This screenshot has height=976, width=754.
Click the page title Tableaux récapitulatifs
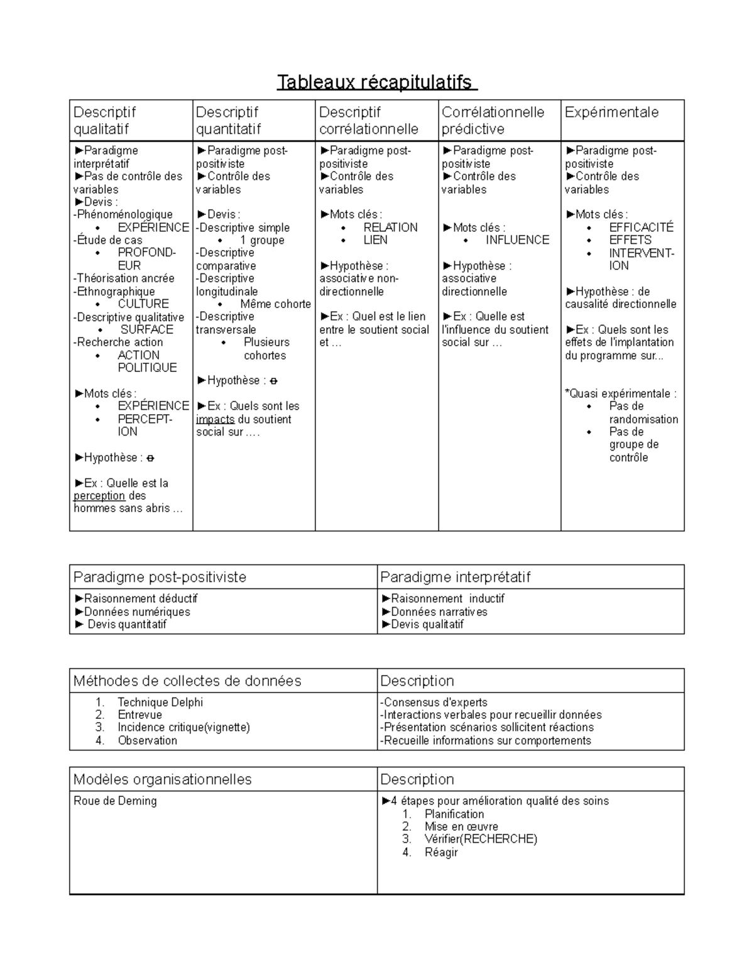pyautogui.click(x=376, y=82)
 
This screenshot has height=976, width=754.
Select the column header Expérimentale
pyautogui.click(x=611, y=112)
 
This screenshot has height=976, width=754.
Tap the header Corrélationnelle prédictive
pyautogui.click(x=493, y=121)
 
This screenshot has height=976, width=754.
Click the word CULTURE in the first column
pyautogui.click(x=143, y=304)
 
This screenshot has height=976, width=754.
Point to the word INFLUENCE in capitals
pyautogui.click(x=517, y=240)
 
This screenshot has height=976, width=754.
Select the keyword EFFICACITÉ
pyautogui.click(x=641, y=228)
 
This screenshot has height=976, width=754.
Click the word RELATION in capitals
pyautogui.click(x=390, y=228)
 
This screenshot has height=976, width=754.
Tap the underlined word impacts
pyautogui.click(x=215, y=419)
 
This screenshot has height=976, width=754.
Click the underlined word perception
pyautogui.click(x=99, y=496)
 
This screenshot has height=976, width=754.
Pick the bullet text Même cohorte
pyautogui.click(x=275, y=304)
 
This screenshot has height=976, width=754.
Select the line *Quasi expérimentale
pyautogui.click(x=620, y=393)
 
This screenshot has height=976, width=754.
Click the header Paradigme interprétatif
pyautogui.click(x=455, y=577)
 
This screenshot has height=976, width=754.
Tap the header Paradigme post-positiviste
pyautogui.click(x=160, y=577)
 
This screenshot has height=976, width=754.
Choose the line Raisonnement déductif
pyautogui.click(x=140, y=598)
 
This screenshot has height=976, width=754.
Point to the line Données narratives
pyautogui.click(x=439, y=611)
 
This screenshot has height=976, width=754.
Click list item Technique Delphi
pyautogui.click(x=160, y=702)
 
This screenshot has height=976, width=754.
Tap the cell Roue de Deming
pyautogui.click(x=115, y=801)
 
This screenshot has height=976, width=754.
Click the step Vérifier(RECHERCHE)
pyautogui.click(x=481, y=839)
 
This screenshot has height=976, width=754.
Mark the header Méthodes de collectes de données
pyautogui.click(x=187, y=681)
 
